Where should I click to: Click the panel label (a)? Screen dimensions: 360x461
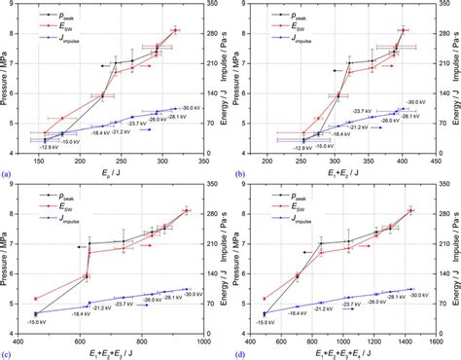coord(8,174)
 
